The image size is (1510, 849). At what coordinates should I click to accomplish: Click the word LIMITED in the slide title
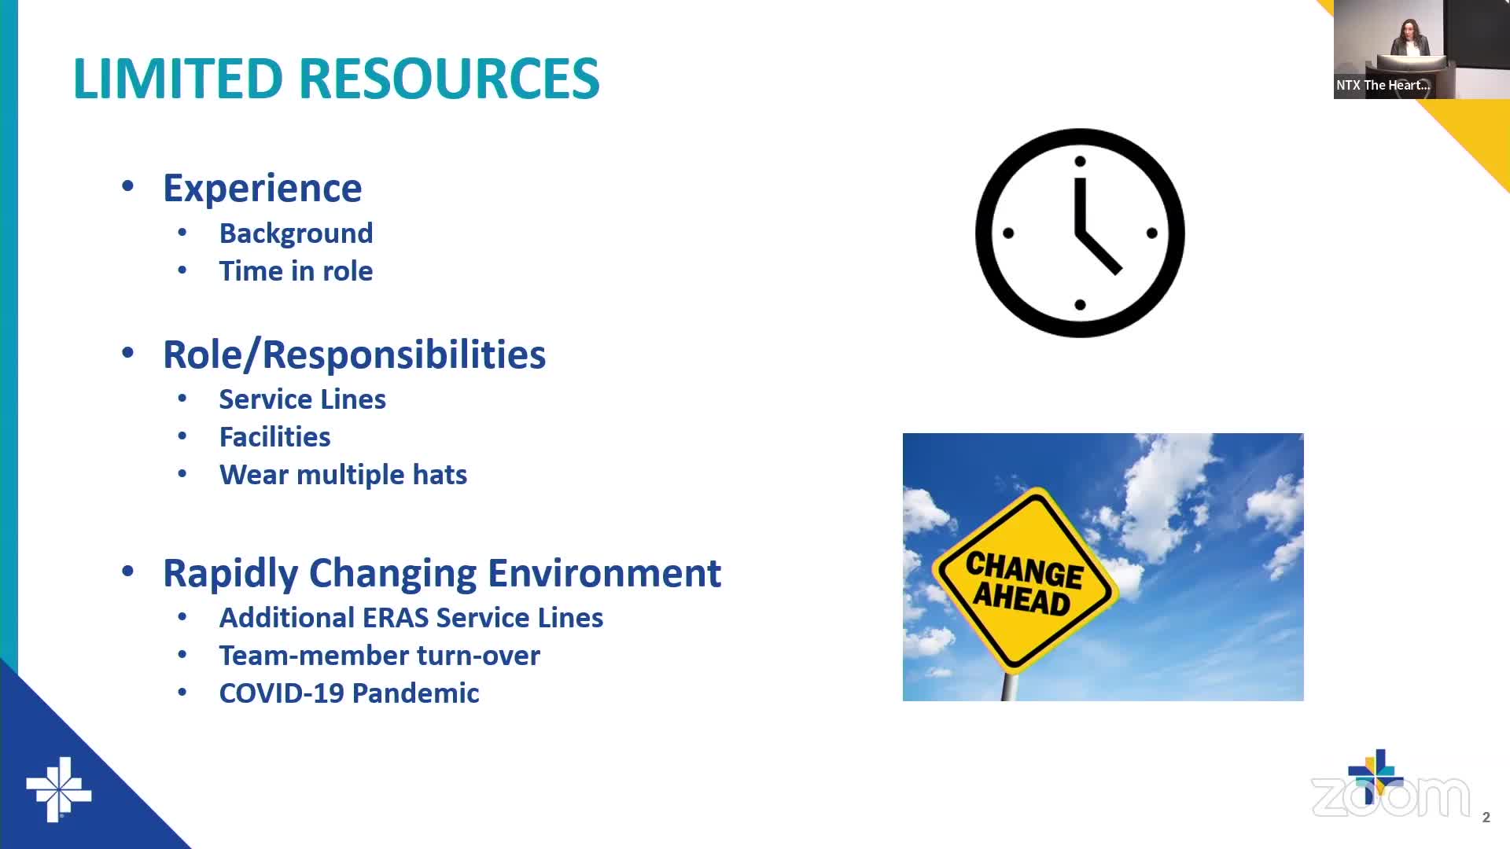tap(178, 79)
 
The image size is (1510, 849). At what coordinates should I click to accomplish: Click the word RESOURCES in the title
tap(449, 79)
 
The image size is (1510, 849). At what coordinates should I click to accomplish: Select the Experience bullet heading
tap(263, 189)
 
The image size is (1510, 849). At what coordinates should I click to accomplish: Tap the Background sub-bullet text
tap(296, 233)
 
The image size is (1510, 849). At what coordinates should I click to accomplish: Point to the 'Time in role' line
tap(296, 271)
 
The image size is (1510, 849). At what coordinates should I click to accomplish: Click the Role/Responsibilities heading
tap(354, 355)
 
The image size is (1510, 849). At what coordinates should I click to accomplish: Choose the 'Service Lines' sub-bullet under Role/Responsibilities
tap(303, 399)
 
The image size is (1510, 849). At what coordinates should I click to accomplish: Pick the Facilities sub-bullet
tap(274, 437)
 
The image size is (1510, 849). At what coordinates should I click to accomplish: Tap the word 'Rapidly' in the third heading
tap(230, 574)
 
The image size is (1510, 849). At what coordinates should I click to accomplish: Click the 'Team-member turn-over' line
tap(380, 656)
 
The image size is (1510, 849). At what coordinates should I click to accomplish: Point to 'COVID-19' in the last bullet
tap(282, 693)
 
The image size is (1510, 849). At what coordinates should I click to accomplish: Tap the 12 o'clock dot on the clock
tap(1080, 161)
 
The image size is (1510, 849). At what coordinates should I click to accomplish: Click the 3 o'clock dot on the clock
tap(1152, 233)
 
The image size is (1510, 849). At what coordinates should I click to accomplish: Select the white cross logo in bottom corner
tap(59, 790)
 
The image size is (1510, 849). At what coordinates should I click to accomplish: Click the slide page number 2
tap(1486, 818)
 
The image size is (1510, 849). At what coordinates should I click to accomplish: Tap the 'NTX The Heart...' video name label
tap(1383, 85)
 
